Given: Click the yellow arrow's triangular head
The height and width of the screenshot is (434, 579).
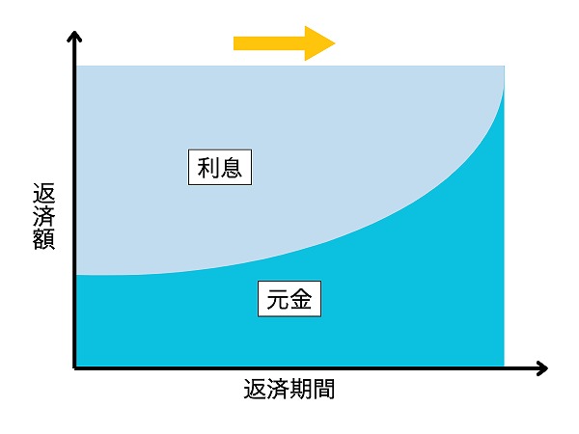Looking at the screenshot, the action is click(317, 43).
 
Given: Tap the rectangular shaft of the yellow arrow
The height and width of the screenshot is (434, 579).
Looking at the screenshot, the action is click(269, 43).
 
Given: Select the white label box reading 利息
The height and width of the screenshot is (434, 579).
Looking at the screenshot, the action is click(220, 167).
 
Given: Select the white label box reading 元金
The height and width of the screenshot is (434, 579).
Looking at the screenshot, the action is click(289, 299).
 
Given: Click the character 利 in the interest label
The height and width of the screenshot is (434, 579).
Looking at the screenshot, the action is click(208, 168).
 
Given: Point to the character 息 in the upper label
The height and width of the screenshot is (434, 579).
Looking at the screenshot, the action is click(232, 168).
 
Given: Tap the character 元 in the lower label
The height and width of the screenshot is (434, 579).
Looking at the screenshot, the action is click(278, 299).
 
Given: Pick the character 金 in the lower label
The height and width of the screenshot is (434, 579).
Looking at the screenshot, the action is click(301, 299).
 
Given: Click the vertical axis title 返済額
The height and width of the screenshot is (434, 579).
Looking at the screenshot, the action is click(44, 216).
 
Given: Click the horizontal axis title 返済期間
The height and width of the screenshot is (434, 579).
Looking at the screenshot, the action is click(289, 389).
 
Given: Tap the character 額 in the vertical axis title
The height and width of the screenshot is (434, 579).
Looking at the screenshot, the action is click(44, 239).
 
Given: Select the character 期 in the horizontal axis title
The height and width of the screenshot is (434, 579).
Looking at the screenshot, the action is click(300, 389).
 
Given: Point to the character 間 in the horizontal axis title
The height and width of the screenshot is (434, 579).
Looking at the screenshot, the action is click(324, 389).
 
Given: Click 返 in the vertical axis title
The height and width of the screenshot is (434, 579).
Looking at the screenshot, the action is click(44, 193).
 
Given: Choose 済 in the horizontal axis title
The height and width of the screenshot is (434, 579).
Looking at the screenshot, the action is click(278, 389).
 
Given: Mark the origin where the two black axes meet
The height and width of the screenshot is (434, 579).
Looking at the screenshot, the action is click(75, 368).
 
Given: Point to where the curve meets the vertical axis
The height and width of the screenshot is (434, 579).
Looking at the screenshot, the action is click(76, 275).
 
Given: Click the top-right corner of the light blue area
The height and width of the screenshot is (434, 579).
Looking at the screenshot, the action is click(505, 66).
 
